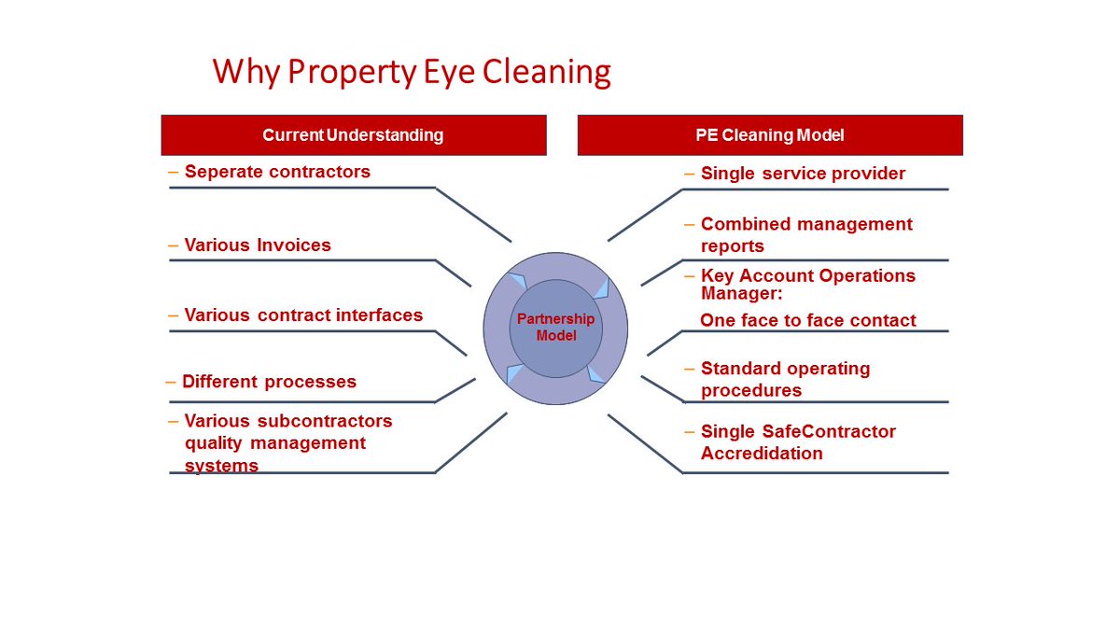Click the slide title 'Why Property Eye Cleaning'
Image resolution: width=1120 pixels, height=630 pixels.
pos(412,72)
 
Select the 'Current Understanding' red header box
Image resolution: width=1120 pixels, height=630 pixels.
pos(353,135)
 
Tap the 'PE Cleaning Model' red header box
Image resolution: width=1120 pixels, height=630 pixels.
pos(770,135)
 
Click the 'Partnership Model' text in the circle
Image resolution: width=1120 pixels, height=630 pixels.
pos(555,328)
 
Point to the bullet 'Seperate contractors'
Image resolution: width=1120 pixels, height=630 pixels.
pos(277,172)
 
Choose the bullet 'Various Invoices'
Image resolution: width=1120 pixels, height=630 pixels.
pos(258,245)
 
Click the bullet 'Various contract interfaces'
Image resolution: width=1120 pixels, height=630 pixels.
pos(303,315)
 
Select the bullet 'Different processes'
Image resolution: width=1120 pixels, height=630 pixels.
pos(269,382)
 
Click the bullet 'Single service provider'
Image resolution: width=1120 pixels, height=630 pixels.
pos(803,174)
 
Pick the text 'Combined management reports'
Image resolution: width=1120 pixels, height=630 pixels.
pos(806,235)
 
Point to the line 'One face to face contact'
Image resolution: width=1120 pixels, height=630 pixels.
pos(808,320)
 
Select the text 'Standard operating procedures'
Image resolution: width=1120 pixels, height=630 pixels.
pos(785,379)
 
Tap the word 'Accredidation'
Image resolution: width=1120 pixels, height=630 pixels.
pos(762,454)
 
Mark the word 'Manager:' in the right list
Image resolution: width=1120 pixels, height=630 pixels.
pos(740,293)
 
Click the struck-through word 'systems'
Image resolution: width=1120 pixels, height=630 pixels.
pos(221,465)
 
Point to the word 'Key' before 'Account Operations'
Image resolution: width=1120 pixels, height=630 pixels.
pos(716,276)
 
